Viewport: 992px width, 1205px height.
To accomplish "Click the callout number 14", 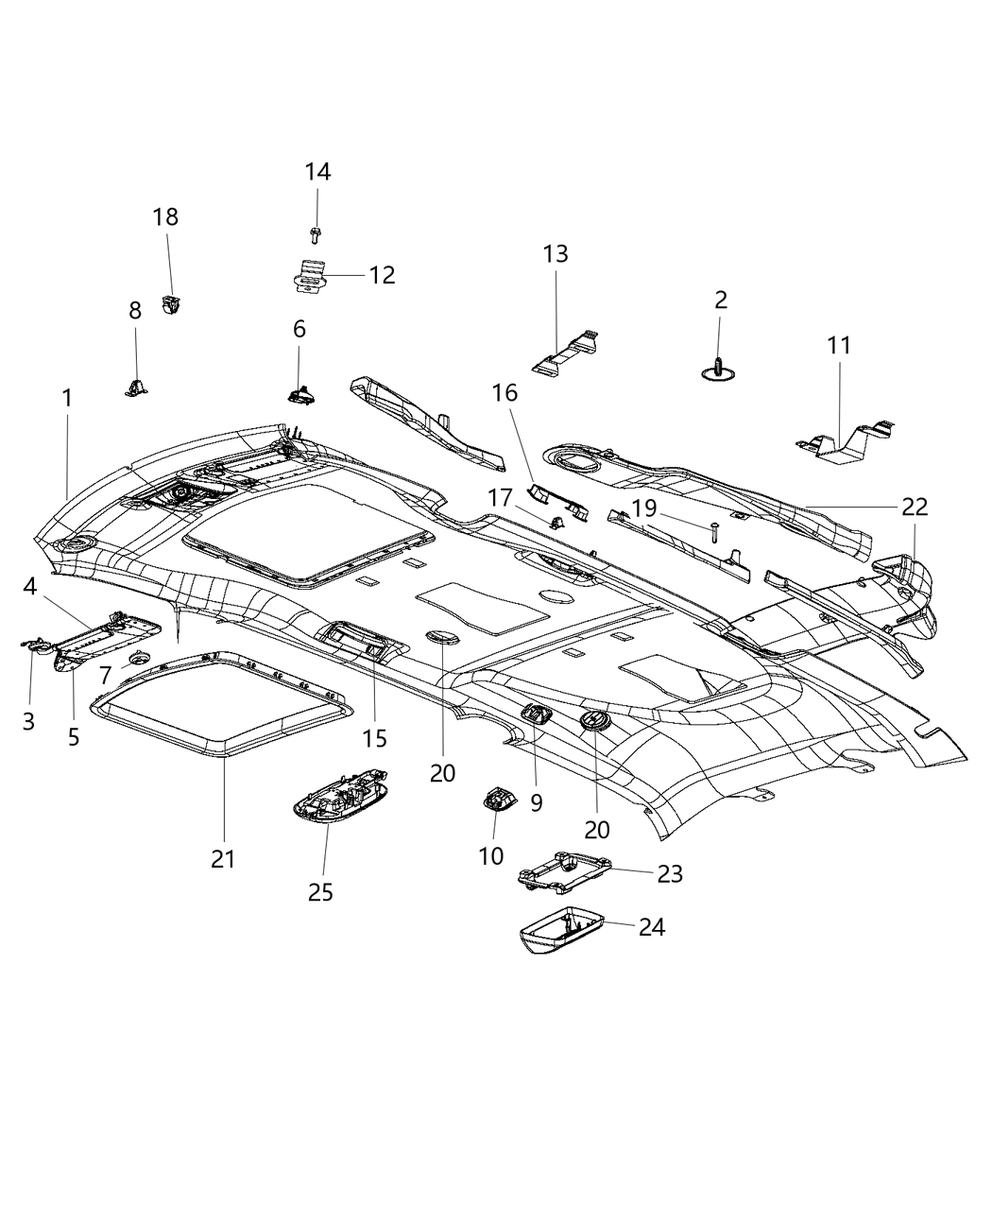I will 317,172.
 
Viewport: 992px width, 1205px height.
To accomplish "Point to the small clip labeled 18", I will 172,304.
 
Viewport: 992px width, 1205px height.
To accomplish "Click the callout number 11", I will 839,346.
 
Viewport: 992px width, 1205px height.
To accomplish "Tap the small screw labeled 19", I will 715,531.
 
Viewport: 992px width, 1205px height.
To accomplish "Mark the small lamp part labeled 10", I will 499,800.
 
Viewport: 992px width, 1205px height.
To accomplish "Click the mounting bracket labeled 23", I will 563,870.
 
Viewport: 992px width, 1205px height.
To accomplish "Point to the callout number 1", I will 67,399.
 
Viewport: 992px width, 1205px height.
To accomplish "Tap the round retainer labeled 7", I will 140,659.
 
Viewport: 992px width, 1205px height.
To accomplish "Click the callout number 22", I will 914,507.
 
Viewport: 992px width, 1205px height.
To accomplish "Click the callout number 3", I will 28,721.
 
